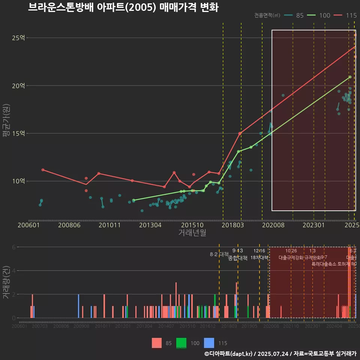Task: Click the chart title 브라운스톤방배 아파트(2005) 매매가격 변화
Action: pyautogui.click(x=123, y=7)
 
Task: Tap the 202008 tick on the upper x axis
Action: pyautogui.click(x=273, y=225)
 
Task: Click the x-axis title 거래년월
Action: pyautogui.click(x=192, y=233)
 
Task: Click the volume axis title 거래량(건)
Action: pyautogui.click(x=6, y=282)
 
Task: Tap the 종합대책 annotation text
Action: pyautogui.click(x=238, y=258)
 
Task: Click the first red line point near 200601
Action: pyautogui.click(x=43, y=170)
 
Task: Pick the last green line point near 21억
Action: pyautogui.click(x=350, y=77)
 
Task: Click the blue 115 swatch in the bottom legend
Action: pyautogui.click(x=209, y=343)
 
